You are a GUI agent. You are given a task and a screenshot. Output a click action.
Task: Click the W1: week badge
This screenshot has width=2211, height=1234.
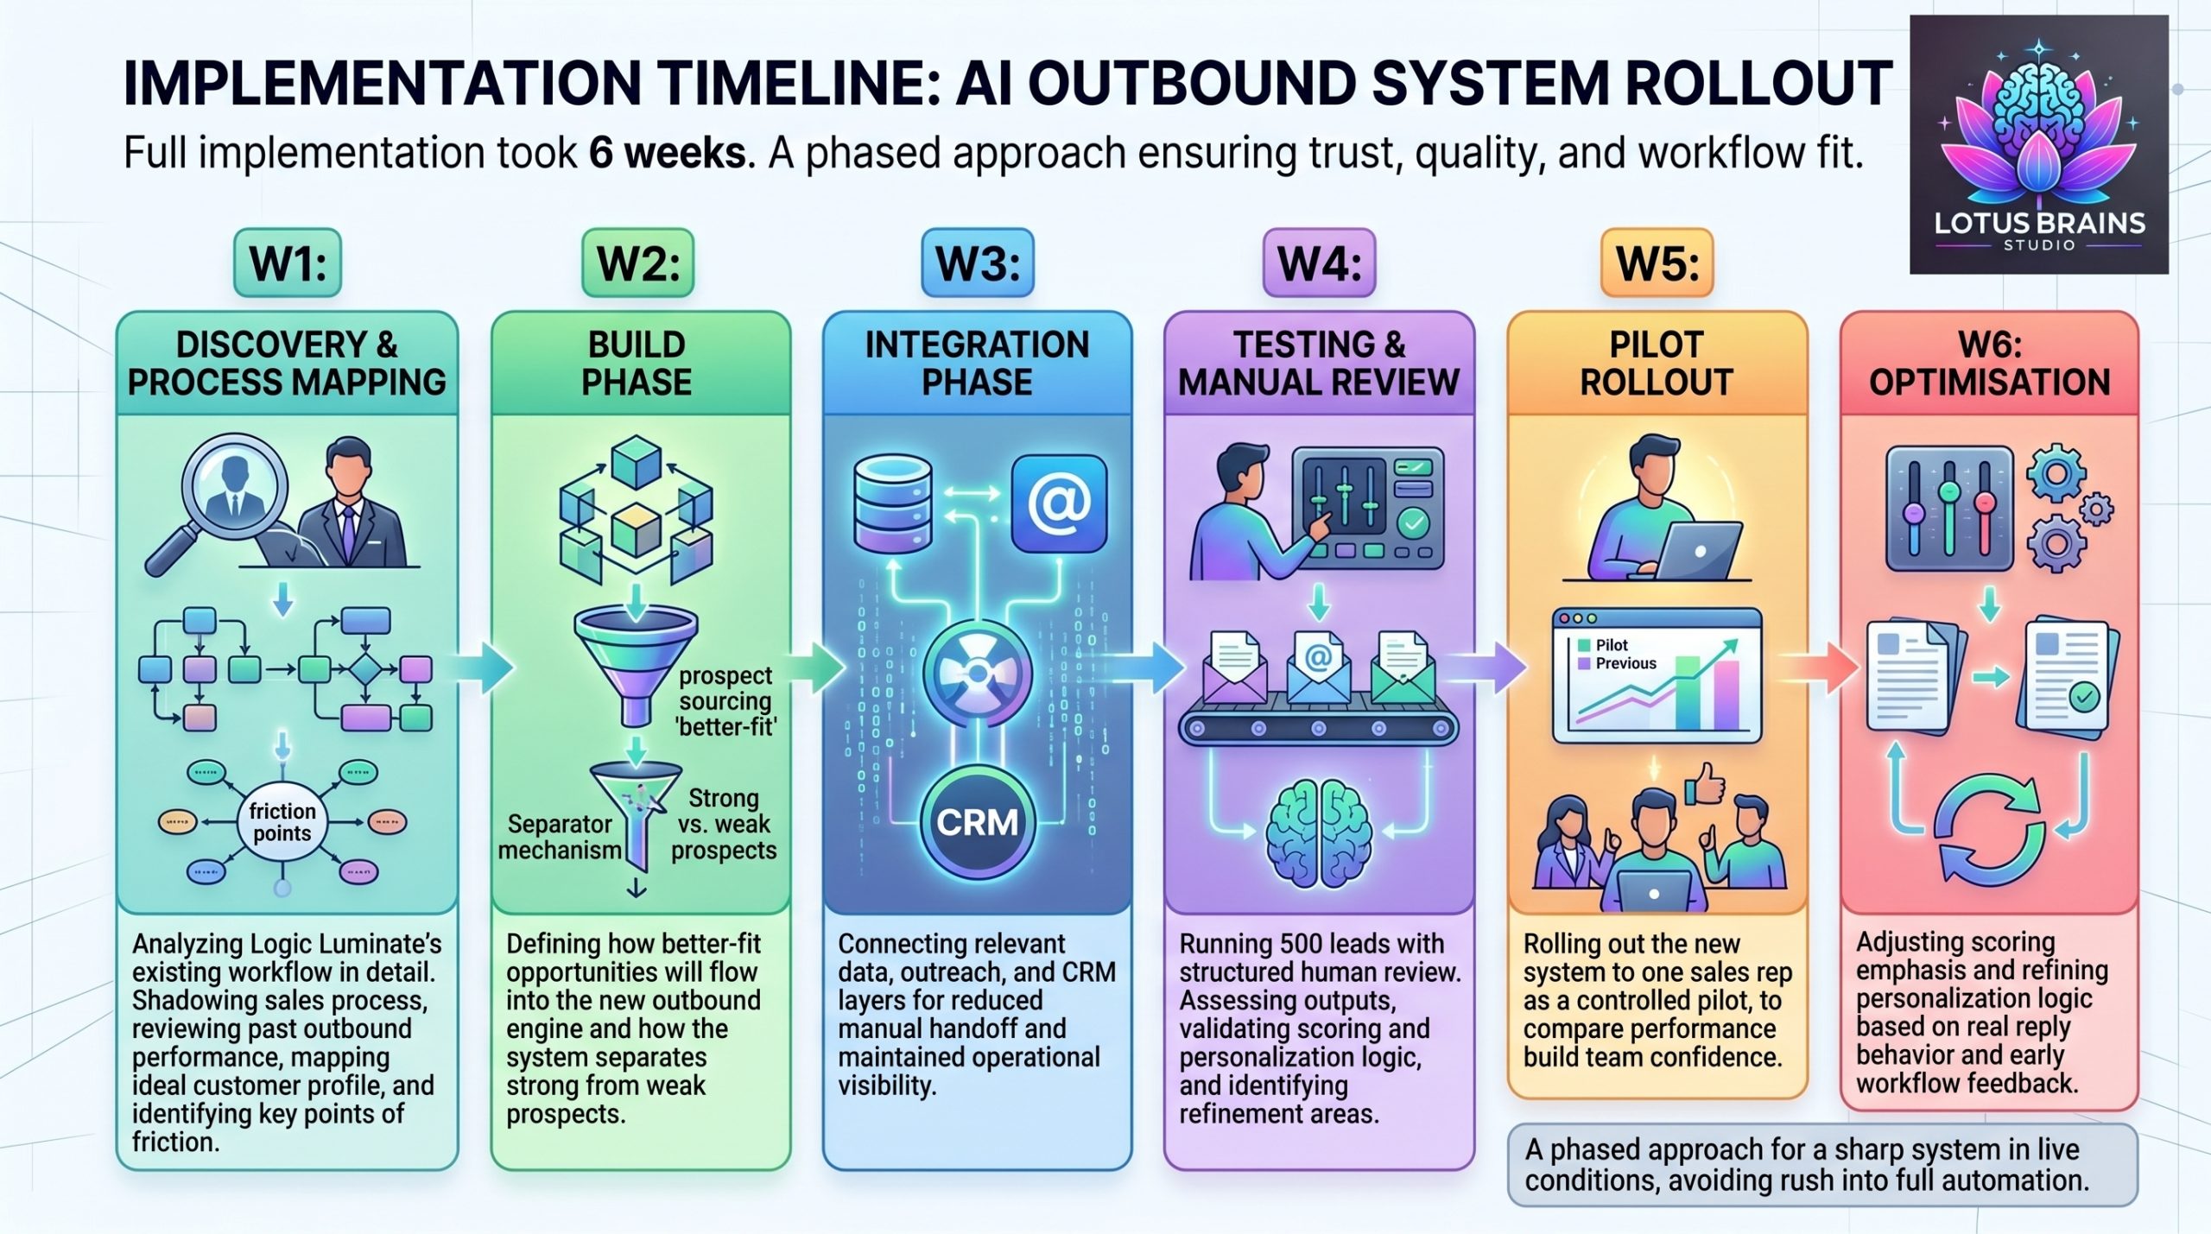(288, 263)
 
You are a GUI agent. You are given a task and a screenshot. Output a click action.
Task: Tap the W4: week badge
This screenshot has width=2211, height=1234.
(1319, 263)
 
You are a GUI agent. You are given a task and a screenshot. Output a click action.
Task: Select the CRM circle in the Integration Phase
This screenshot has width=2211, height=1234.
(977, 822)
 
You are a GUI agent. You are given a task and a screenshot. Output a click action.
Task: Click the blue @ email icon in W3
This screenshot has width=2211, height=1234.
(1059, 504)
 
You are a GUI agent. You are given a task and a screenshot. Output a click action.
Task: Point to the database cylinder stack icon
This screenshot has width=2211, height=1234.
(892, 504)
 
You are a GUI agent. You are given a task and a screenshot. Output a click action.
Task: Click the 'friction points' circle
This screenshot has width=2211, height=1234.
(282, 822)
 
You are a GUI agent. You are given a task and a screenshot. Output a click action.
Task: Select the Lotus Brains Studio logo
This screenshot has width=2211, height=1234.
(2038, 143)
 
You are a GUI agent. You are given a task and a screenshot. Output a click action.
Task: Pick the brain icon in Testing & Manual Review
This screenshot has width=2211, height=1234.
(1318, 834)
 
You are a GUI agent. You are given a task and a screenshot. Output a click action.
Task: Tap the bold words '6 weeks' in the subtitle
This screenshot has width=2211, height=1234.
(668, 153)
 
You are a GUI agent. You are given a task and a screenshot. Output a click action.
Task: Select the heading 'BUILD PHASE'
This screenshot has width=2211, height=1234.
(637, 364)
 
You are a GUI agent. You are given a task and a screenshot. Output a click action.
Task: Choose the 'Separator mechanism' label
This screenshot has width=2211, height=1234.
(560, 837)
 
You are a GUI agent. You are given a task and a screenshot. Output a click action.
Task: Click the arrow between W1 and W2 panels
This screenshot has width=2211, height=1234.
(485, 666)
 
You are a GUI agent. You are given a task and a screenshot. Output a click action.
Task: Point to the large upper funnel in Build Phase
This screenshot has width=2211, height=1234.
(637, 656)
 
